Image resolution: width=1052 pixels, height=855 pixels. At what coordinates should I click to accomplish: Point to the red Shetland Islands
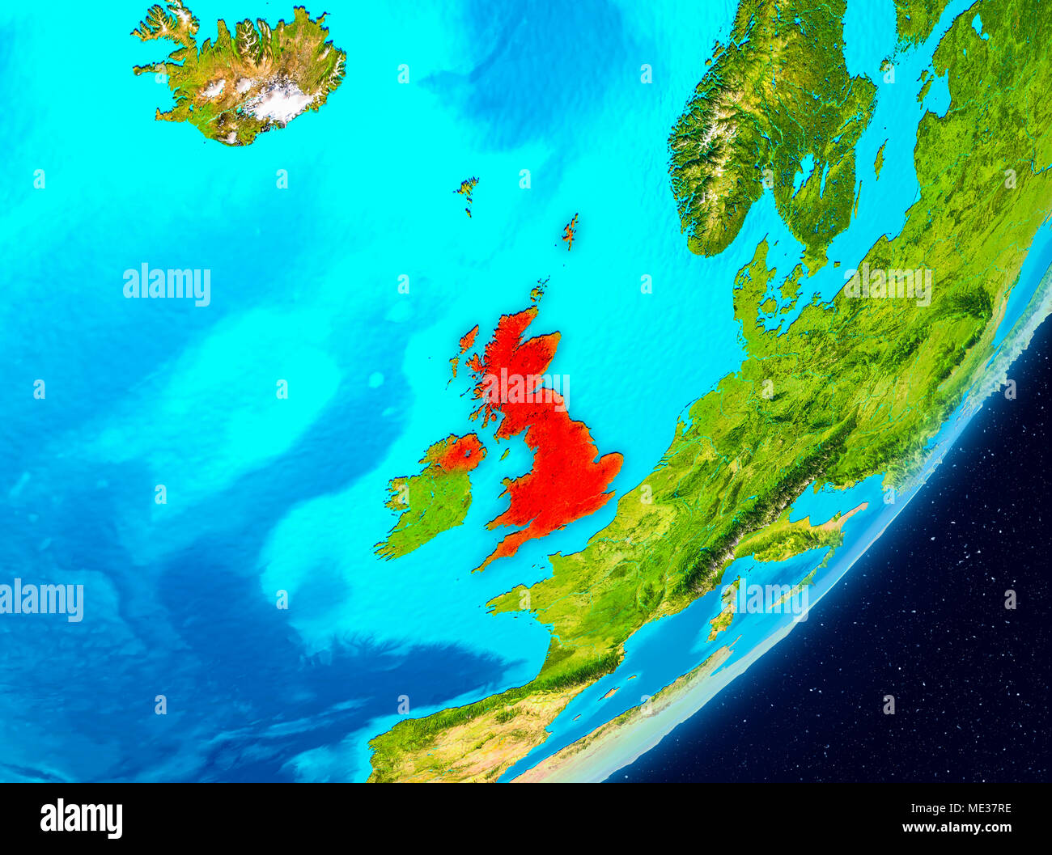(571, 231)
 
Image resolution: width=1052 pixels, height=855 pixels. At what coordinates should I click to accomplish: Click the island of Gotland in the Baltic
(880, 159)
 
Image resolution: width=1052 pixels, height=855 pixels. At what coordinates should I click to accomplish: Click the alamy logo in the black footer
(81, 818)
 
